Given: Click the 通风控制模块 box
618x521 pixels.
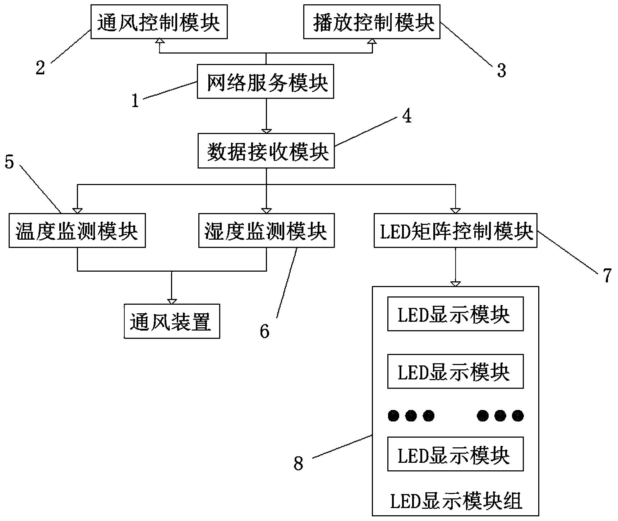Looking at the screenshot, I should point(159,22).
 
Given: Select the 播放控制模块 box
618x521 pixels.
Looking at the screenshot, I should point(372,22).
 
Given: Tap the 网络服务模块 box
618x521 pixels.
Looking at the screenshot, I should point(266,82).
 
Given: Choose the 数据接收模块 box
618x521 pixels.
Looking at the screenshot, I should point(266,151).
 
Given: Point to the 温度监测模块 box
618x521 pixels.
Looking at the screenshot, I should point(77,231).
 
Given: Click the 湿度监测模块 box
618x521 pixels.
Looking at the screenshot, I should point(266,231).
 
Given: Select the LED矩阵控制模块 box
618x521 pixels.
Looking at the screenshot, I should point(456,231).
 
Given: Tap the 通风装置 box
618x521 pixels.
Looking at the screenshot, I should point(172,321).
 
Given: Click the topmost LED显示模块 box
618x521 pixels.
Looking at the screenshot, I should point(455,314).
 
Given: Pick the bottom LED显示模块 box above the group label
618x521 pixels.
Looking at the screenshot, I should point(455,454).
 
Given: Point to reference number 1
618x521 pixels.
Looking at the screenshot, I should point(135,101).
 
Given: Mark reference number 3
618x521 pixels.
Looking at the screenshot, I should point(502,70).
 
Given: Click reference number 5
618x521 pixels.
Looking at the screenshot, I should point(9,162).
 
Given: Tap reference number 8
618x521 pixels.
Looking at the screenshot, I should point(298,464).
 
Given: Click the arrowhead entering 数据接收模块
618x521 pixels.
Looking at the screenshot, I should point(266,131).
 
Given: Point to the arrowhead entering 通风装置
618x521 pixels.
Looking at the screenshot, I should point(172,301).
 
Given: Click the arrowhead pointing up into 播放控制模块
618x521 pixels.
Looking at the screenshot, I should point(372,42).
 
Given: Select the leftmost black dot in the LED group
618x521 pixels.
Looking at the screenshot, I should point(393,416).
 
